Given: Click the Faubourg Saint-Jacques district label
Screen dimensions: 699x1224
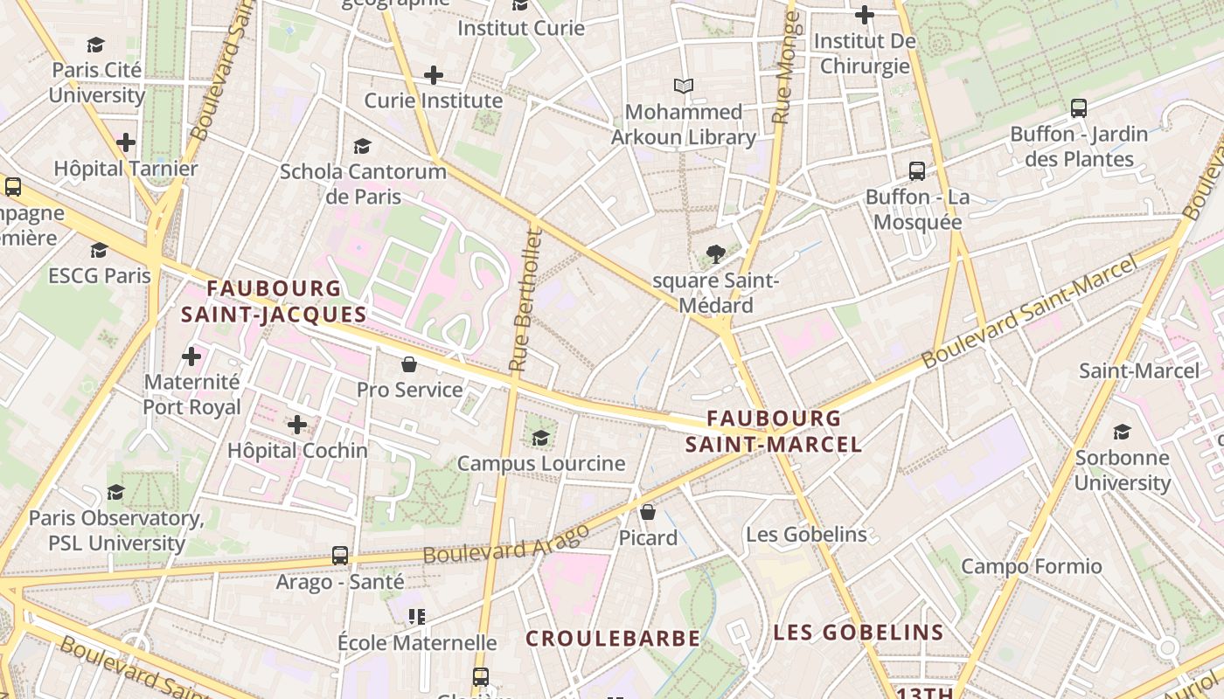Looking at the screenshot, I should click(273, 301).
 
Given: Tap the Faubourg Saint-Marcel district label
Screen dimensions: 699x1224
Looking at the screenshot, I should click(774, 432).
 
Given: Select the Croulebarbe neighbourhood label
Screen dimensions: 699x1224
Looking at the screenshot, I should click(613, 639).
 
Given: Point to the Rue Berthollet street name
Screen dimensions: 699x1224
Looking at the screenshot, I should click(525, 300).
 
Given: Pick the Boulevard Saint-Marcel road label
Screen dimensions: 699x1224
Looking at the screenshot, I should click(1032, 311).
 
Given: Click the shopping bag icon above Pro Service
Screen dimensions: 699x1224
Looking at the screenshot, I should click(408, 363).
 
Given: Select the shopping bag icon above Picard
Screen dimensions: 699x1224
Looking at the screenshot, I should click(648, 511).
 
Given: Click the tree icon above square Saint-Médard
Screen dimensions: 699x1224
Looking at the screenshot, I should click(716, 254).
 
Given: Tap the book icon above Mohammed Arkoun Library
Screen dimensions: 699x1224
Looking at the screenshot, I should click(684, 86).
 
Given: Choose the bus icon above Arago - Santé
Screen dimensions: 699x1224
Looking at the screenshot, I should click(340, 555).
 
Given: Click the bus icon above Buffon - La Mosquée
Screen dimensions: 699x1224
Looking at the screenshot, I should click(917, 170).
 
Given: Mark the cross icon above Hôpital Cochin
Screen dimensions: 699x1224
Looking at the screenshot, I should click(297, 425).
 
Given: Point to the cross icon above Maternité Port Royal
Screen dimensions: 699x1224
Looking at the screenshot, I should click(191, 356).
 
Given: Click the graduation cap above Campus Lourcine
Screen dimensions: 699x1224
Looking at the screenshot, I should click(541, 437).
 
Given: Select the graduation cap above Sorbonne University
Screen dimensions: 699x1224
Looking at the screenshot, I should click(1122, 432).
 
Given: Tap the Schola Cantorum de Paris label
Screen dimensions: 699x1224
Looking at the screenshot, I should click(363, 183).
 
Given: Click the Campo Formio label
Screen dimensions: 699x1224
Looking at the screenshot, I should click(1032, 566).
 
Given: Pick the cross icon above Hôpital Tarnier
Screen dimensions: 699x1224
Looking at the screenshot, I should click(126, 142).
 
